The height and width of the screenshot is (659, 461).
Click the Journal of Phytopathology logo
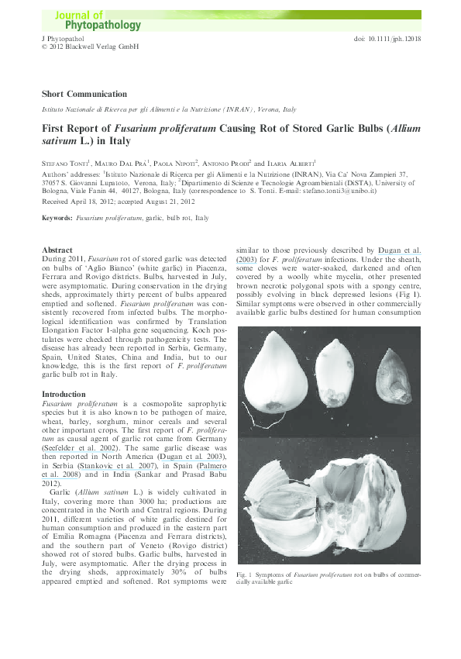point(98,20)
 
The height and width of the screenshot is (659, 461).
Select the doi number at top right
point(387,38)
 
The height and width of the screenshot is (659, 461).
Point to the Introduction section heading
point(64,395)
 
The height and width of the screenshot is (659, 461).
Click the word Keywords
point(57,219)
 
